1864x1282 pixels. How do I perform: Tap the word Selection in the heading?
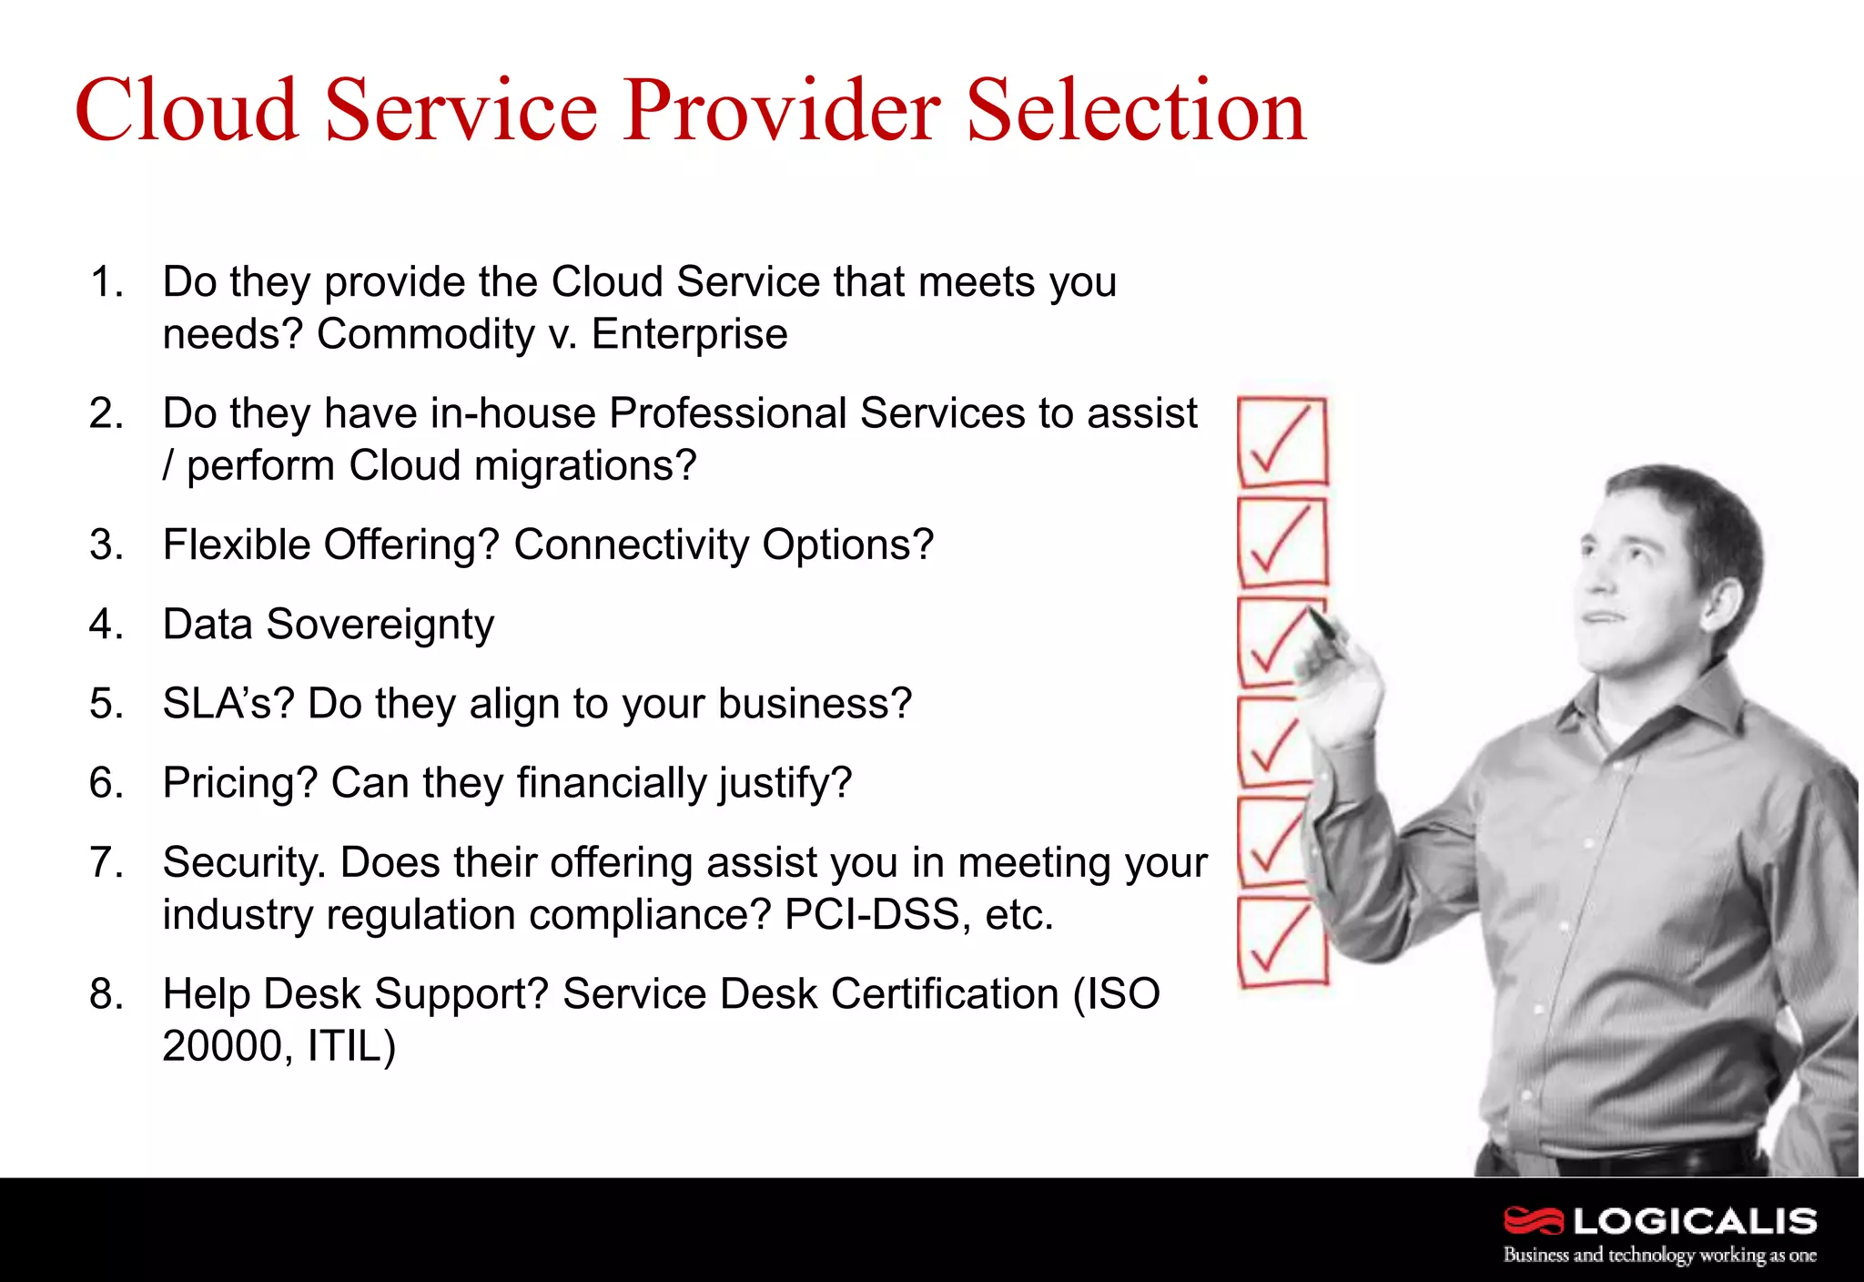(x=1136, y=111)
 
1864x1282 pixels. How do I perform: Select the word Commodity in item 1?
(x=425, y=335)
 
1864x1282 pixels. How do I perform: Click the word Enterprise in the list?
(x=689, y=334)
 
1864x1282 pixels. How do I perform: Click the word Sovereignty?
(x=380, y=626)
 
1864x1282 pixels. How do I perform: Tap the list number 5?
(x=104, y=704)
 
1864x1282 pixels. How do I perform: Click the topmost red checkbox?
(x=1282, y=443)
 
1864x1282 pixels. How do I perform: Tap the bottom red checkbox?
(x=1281, y=942)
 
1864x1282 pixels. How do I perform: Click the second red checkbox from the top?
(x=1282, y=543)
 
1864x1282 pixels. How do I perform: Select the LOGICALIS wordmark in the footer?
(x=1695, y=1221)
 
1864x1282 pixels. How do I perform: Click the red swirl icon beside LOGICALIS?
(x=1534, y=1220)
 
